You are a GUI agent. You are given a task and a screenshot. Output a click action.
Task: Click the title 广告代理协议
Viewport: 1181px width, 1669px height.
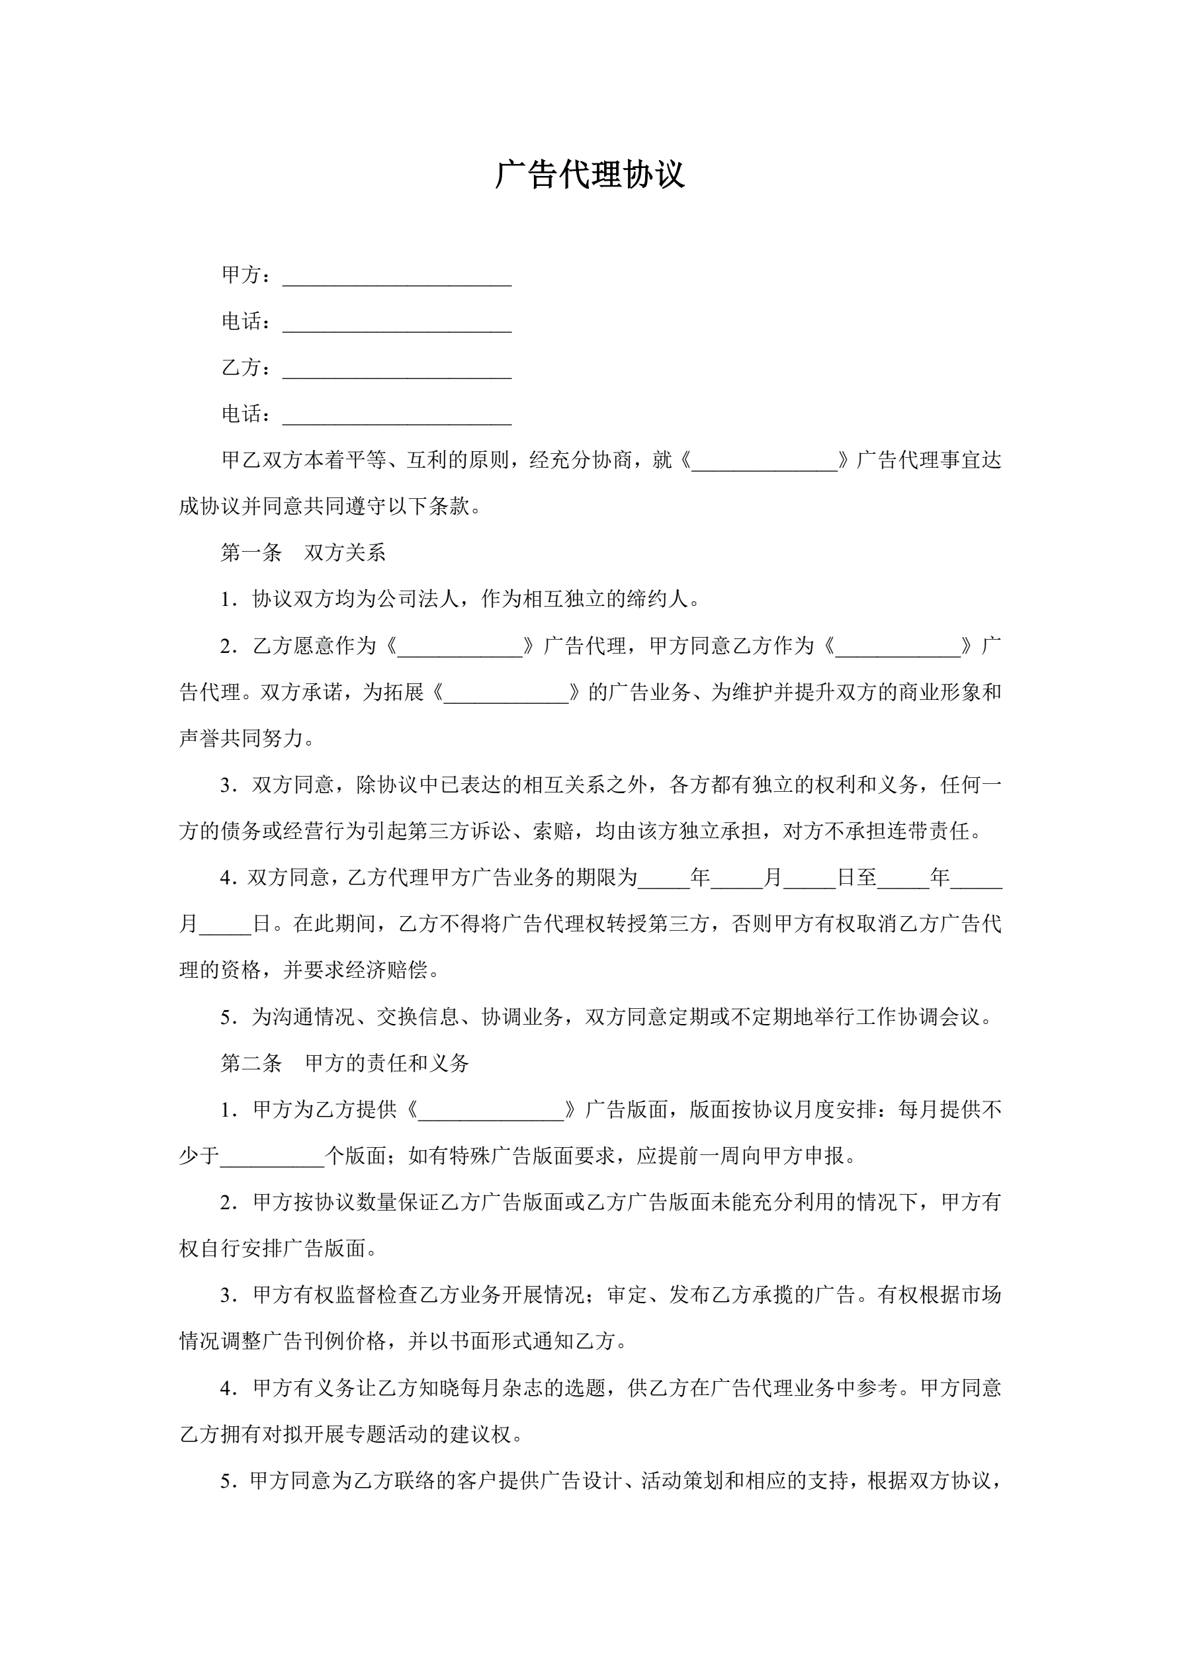(x=590, y=175)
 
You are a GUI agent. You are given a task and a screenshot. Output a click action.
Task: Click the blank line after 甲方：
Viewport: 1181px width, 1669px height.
(x=396, y=278)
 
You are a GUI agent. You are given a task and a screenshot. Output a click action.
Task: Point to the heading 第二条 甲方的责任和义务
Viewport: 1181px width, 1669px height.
(x=345, y=1064)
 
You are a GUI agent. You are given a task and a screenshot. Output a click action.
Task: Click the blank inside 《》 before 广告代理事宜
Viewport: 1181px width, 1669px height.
(x=764, y=463)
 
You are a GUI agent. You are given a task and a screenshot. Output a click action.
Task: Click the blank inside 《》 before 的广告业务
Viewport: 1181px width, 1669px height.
(x=506, y=695)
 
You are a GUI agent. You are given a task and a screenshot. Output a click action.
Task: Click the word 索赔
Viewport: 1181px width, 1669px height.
(x=552, y=832)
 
